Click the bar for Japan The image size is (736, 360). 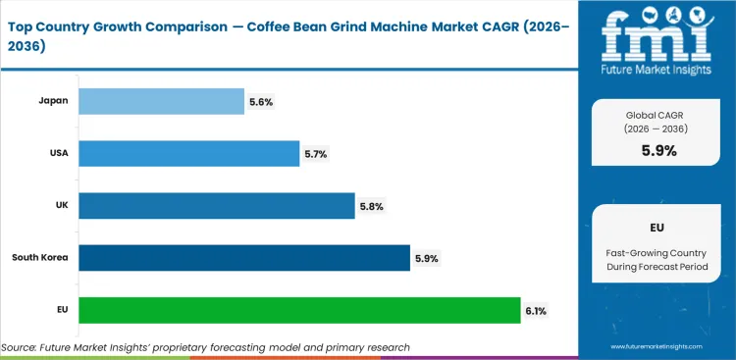point(161,101)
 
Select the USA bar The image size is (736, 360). point(188,153)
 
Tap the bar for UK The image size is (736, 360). point(216,205)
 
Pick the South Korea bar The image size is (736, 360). point(243,257)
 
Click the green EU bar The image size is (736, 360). point(299,310)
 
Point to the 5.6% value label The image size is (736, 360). point(261,102)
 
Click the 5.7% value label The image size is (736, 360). point(316,154)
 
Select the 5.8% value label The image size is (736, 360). point(371,206)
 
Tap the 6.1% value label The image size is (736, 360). point(536,311)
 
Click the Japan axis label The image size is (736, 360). point(52,101)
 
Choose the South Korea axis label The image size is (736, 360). point(39,257)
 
